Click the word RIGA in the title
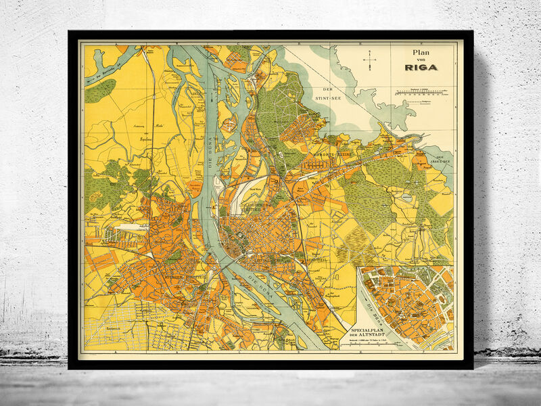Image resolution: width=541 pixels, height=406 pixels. tap(421, 66)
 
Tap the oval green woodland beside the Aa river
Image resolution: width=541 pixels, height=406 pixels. tap(100, 91)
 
